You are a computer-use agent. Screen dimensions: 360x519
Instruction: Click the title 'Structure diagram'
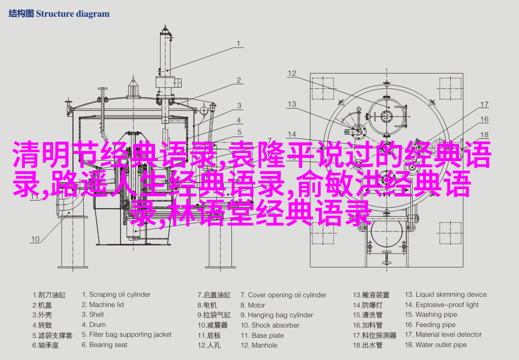point(72,14)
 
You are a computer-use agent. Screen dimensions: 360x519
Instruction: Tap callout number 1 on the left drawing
point(238,44)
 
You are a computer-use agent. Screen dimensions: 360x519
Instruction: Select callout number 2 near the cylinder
point(238,81)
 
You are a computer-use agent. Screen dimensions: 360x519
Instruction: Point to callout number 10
point(35,239)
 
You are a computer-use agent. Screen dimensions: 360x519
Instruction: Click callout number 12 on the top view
point(292,73)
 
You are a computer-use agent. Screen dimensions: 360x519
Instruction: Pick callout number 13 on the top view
point(292,104)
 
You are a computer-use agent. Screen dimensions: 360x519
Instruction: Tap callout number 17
point(484,104)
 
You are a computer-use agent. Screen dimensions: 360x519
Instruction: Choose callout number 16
point(484,119)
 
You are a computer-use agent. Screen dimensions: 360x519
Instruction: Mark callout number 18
point(484,135)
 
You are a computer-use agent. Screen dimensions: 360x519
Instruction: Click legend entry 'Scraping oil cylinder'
point(116,295)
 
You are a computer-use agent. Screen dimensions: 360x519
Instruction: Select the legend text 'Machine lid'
point(103,305)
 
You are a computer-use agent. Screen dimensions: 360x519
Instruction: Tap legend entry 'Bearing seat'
point(104,345)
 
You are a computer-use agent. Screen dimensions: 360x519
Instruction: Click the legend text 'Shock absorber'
point(268,325)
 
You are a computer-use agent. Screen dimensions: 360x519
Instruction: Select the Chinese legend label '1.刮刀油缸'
point(48,295)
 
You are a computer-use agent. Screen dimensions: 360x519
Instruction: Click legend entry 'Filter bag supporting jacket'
point(127,335)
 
